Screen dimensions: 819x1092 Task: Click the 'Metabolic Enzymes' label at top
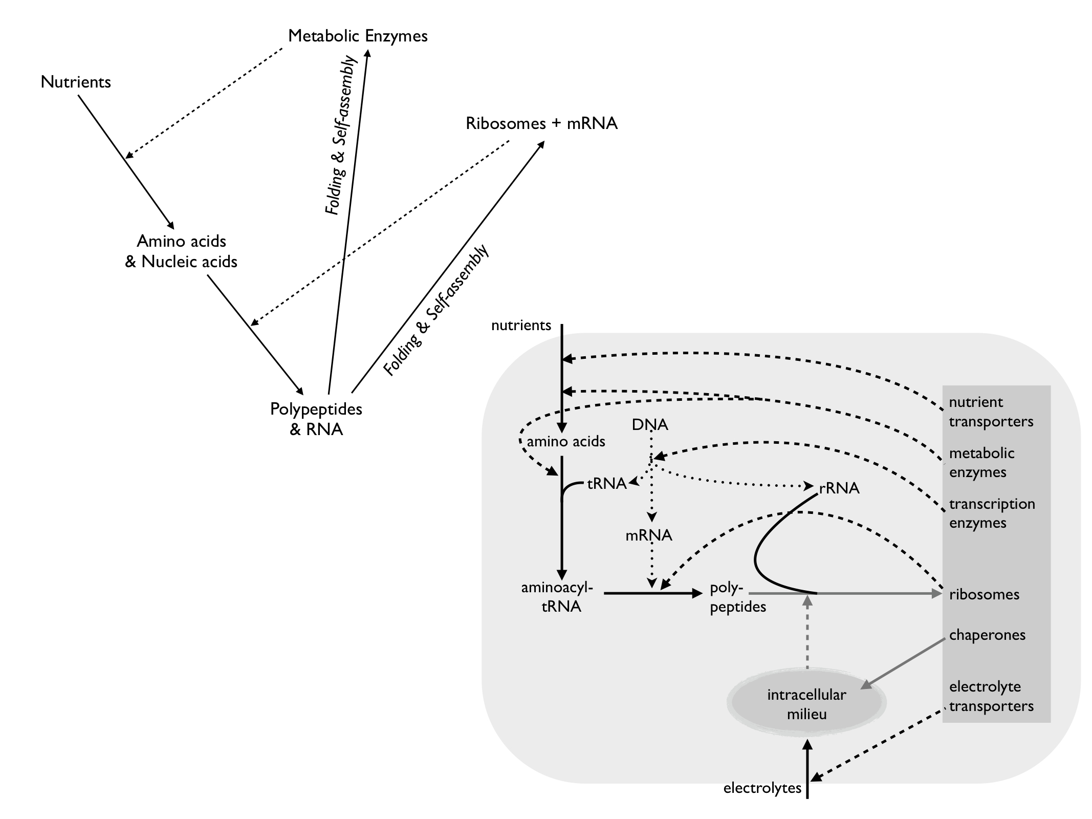[358, 36]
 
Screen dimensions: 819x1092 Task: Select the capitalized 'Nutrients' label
[76, 82]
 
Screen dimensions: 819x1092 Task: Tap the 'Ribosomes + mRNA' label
[541, 123]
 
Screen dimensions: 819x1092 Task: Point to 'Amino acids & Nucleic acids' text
[181, 251]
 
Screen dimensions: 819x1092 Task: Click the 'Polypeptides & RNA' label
[316, 419]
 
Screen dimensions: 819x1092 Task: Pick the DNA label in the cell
[650, 424]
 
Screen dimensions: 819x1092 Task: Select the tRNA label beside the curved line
[607, 483]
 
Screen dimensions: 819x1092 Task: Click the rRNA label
[839, 488]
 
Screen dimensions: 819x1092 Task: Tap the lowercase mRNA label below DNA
[649, 535]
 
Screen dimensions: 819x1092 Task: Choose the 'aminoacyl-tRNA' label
[557, 597]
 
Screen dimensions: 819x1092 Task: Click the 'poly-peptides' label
[737, 597]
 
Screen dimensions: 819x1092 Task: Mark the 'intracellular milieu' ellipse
[806, 704]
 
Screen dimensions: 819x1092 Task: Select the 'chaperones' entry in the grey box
[987, 635]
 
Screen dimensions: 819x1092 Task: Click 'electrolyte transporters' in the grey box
[991, 696]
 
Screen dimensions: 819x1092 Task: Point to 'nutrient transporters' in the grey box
[991, 412]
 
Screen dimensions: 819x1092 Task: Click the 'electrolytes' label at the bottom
[762, 788]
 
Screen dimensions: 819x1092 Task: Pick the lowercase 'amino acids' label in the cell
[566, 441]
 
